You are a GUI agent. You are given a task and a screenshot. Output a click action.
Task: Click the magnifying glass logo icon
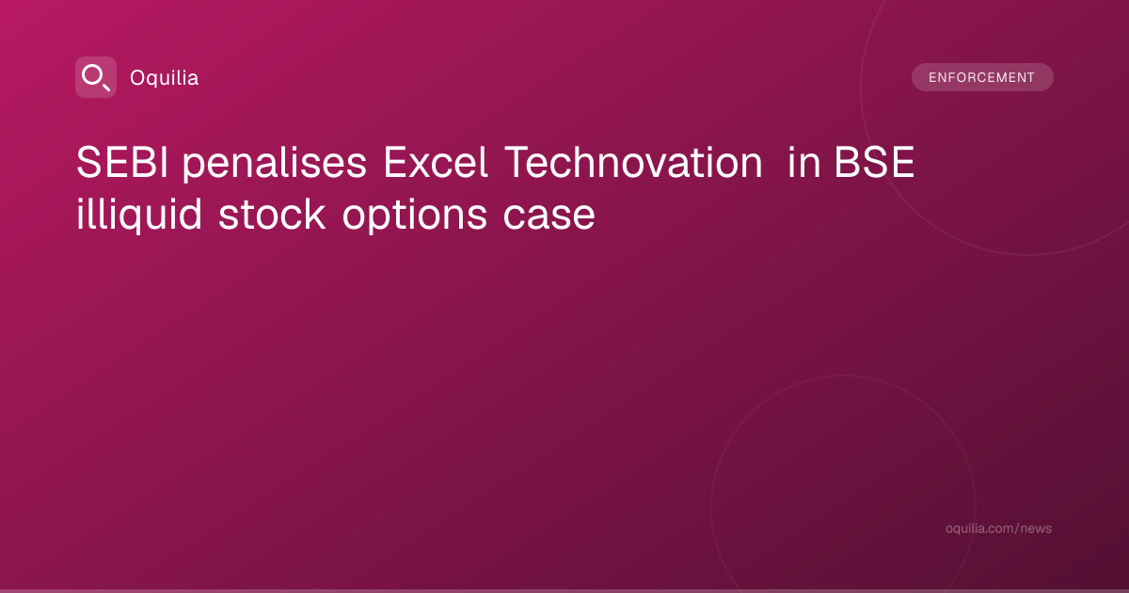click(x=96, y=77)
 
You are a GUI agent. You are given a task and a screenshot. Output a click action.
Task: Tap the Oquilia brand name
click(x=165, y=78)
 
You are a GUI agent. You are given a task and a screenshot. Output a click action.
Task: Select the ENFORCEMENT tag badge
click(x=982, y=77)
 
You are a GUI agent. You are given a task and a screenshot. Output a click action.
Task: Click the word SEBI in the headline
click(x=122, y=162)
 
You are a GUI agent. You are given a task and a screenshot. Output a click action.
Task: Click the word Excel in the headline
click(x=436, y=162)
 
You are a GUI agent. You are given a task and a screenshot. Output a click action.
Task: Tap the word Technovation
click(x=633, y=162)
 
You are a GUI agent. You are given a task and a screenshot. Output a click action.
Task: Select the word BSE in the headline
click(x=874, y=162)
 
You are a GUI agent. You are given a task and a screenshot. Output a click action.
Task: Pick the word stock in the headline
click(x=272, y=215)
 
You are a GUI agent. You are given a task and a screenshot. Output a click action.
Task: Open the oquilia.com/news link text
click(x=998, y=528)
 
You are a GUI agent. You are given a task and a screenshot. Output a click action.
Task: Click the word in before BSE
click(x=803, y=162)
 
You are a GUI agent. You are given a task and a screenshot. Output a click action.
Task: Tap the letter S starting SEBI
click(x=88, y=162)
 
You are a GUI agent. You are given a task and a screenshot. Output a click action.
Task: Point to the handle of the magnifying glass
click(x=105, y=87)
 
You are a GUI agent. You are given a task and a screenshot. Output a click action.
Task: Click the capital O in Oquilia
click(x=138, y=78)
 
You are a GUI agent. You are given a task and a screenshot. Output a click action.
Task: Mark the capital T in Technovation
click(x=517, y=162)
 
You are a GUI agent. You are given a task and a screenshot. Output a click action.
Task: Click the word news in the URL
click(x=1036, y=528)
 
